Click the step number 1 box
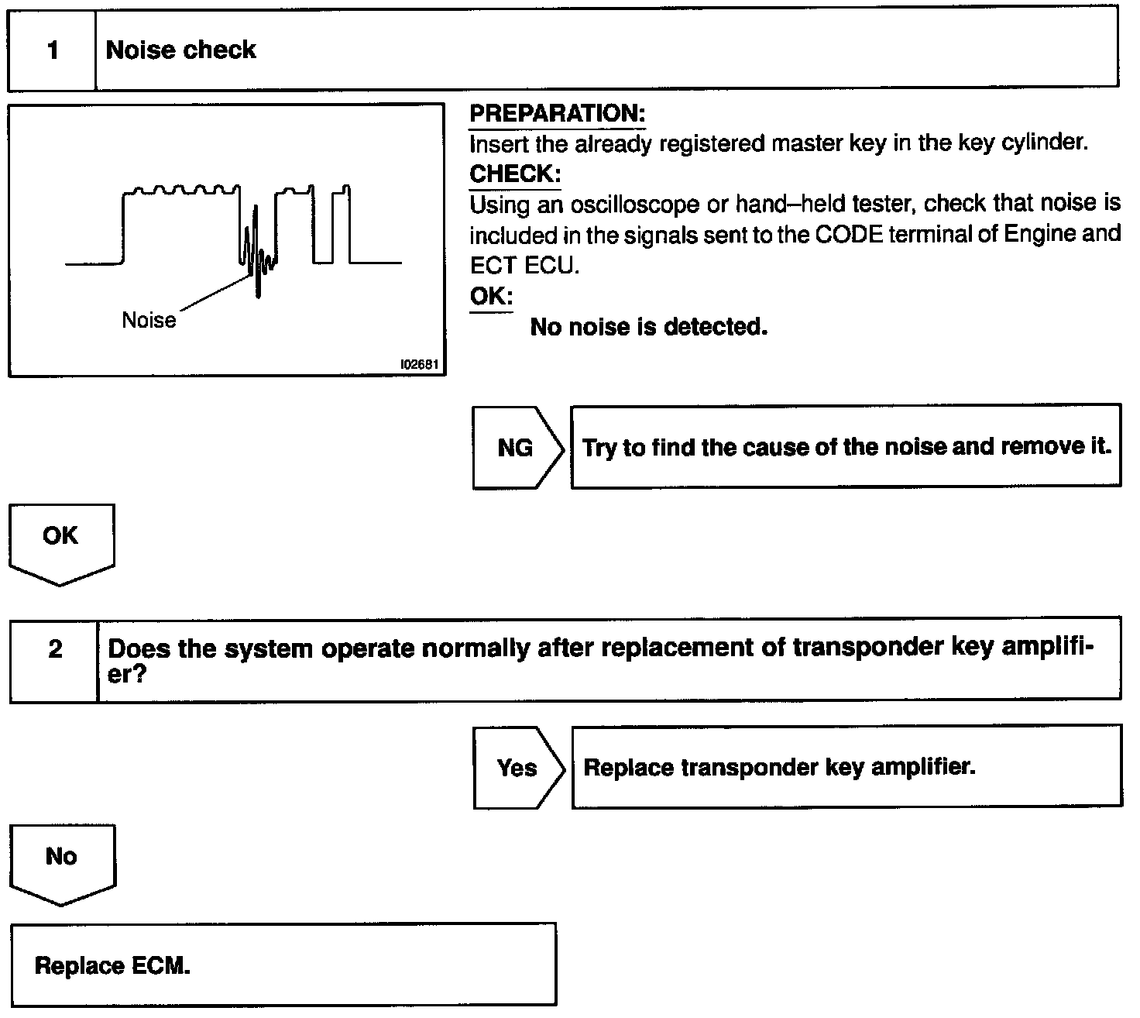pos(52,50)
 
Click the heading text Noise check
pos(180,50)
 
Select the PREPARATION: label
pos(557,114)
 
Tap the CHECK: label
pos(515,174)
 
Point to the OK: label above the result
pos(491,297)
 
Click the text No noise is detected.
pos(648,328)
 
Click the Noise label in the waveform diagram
pos(149,321)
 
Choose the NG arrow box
pos(517,448)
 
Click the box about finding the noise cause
pos(846,447)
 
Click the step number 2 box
pos(54,649)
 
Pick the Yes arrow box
pos(517,768)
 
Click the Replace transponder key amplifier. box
pos(846,767)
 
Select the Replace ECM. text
pos(112,966)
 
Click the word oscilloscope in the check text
pos(634,205)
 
